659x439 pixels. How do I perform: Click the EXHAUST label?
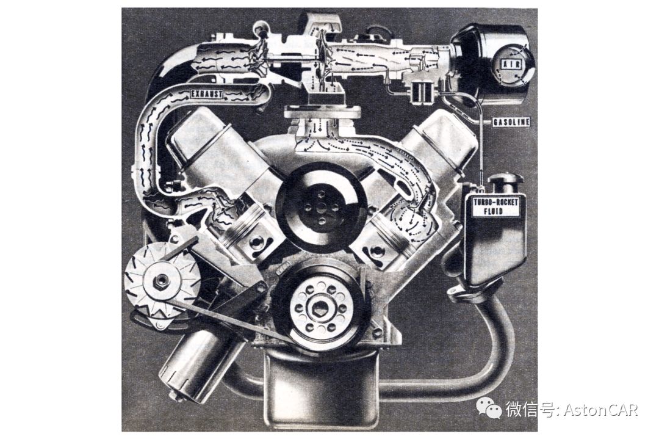coord(206,94)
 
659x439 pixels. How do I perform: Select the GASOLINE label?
coord(511,122)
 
